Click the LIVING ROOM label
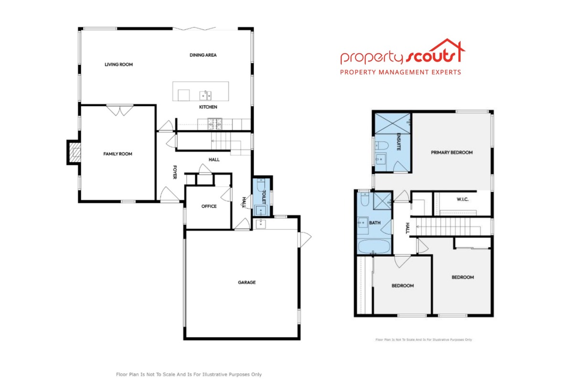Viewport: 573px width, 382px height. (x=119, y=64)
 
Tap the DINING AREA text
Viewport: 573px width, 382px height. (x=203, y=55)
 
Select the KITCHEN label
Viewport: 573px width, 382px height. (x=208, y=107)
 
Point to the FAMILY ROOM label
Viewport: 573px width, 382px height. (x=117, y=154)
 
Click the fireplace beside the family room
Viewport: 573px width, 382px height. (x=74, y=152)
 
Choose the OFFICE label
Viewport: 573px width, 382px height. (x=209, y=206)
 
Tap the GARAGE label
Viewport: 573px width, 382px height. (x=247, y=283)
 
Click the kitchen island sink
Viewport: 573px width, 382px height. (x=205, y=95)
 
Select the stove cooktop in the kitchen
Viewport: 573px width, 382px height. (x=214, y=124)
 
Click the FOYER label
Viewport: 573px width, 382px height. (x=175, y=172)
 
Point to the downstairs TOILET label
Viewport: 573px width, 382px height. (x=264, y=197)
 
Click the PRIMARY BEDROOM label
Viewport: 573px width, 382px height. (x=452, y=152)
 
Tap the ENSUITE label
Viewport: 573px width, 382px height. (x=399, y=142)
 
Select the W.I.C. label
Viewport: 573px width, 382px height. (x=463, y=199)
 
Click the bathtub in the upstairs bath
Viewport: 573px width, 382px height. (x=374, y=246)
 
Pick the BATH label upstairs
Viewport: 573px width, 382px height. (x=375, y=223)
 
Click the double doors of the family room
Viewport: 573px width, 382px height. (x=120, y=110)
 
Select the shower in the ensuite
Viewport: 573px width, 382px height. (x=393, y=124)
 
